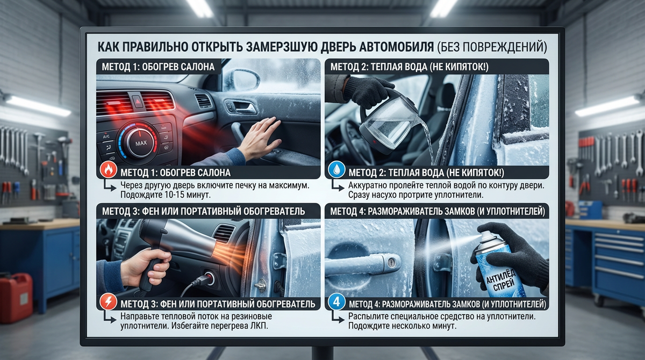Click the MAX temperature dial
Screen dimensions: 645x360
(140, 142)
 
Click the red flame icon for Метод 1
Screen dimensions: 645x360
(108, 170)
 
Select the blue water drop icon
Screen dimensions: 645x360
(336, 169)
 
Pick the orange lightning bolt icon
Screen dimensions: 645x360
(108, 301)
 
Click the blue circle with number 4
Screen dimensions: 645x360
(336, 301)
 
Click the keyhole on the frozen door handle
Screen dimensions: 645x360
(391, 263)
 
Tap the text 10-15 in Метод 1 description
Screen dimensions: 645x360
(175, 195)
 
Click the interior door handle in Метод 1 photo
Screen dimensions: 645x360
(241, 106)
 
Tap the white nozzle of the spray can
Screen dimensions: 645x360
(485, 232)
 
